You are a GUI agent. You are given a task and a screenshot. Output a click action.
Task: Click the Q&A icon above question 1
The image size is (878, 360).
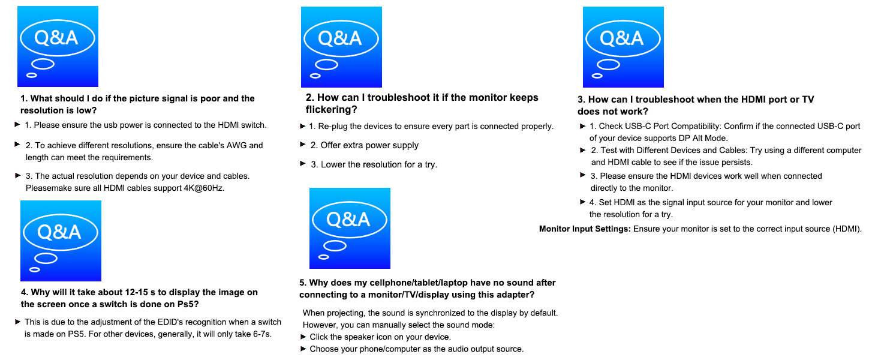point(58,47)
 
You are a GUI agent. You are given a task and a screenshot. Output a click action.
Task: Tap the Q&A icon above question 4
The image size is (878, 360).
point(61,241)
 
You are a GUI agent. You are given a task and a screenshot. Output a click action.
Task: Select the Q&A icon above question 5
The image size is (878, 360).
point(350,228)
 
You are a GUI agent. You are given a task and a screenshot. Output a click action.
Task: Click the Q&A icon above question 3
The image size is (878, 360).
point(623,47)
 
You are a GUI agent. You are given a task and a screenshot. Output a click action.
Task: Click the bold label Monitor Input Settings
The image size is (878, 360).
point(585,229)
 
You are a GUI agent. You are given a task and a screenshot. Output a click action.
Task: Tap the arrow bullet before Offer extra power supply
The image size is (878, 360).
point(303,145)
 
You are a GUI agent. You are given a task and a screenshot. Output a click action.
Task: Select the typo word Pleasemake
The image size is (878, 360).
point(49,188)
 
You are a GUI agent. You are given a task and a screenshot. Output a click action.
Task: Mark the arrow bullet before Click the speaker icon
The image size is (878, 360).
point(303,337)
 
